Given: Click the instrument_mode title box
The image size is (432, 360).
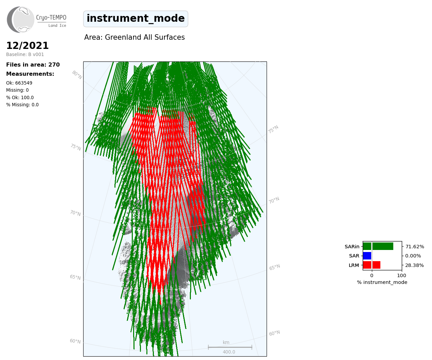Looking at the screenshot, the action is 136,19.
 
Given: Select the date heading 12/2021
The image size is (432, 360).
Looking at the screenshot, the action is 28,46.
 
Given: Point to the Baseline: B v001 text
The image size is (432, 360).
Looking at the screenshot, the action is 25,54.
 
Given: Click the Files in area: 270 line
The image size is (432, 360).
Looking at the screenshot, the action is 33,65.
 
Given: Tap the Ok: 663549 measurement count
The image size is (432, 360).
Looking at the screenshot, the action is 19,83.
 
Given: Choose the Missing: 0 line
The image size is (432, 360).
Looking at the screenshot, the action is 17,90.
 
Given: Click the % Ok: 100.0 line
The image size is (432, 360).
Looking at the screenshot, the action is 20,97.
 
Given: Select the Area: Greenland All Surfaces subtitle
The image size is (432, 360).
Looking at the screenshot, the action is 134,37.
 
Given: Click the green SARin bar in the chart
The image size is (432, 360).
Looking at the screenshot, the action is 378,246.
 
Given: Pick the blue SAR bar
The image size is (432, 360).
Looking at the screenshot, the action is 367,256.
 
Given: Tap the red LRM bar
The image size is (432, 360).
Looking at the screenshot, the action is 372,265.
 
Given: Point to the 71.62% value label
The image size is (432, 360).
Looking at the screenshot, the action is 415,247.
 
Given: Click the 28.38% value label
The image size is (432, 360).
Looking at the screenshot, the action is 414,265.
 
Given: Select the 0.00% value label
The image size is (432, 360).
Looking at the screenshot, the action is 413,256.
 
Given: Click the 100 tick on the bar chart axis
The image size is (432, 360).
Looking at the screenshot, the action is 401,275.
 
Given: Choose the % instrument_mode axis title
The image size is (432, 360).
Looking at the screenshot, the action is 382,283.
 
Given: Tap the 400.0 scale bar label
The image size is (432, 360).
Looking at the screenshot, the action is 229,352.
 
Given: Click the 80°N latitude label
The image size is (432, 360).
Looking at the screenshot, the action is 77,75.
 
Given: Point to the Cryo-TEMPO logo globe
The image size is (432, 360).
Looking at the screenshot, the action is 21,19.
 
